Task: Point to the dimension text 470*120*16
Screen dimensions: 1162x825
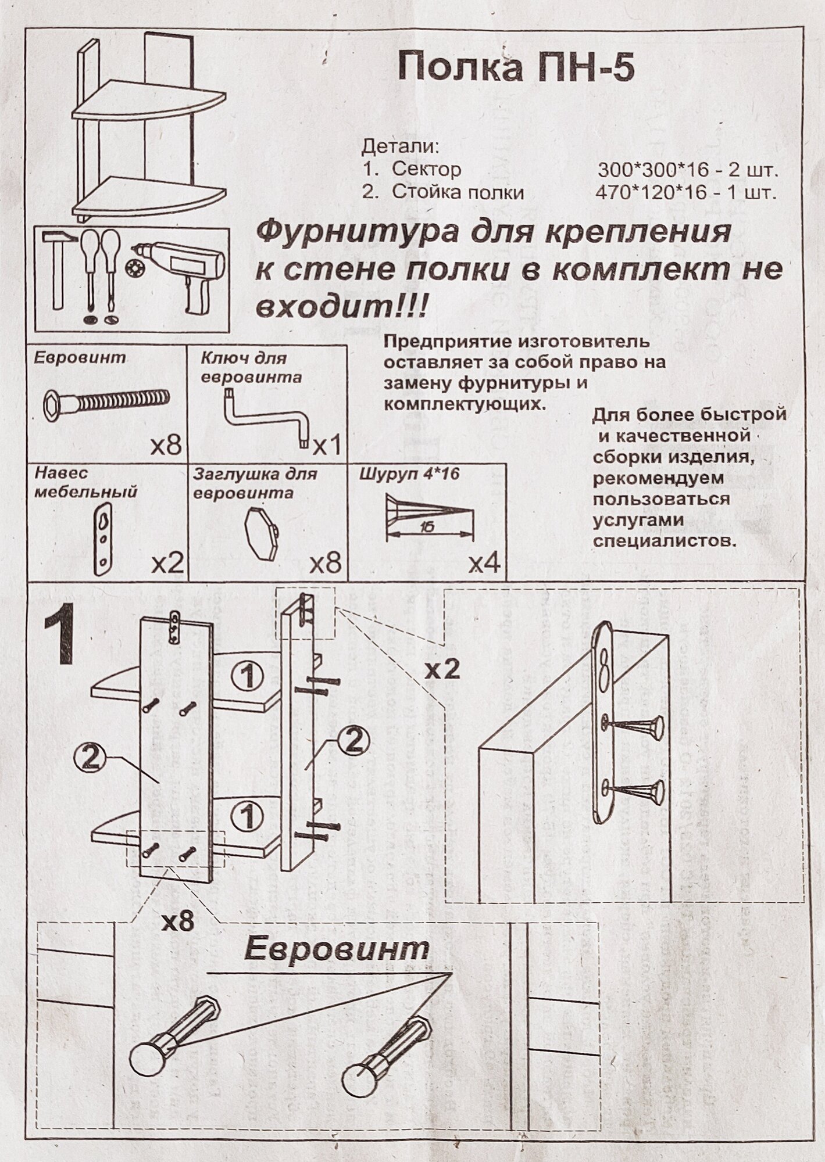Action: pos(651,193)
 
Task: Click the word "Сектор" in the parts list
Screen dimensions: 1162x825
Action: pos(426,170)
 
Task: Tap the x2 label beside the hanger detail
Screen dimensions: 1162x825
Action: pos(441,670)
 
